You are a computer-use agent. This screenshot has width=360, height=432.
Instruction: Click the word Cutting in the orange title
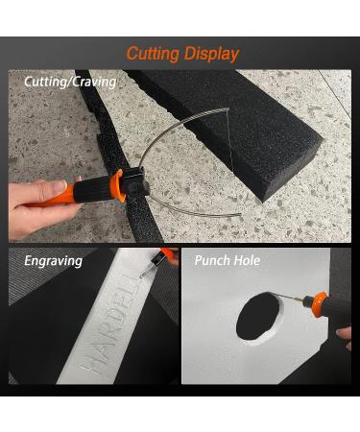(x=153, y=54)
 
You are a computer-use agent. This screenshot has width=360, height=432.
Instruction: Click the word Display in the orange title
(x=211, y=54)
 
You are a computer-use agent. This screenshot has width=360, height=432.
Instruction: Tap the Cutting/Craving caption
(x=70, y=82)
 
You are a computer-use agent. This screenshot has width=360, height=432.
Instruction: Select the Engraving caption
(x=54, y=261)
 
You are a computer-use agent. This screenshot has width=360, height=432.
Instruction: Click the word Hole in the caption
(x=247, y=260)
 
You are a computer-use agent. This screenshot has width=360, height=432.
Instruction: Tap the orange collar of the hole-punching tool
(x=320, y=304)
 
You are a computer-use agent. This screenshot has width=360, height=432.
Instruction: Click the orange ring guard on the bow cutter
(x=118, y=185)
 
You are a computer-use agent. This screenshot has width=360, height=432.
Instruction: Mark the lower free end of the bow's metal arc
(x=240, y=214)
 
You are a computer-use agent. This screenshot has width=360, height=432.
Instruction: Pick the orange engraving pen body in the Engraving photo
(x=167, y=253)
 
